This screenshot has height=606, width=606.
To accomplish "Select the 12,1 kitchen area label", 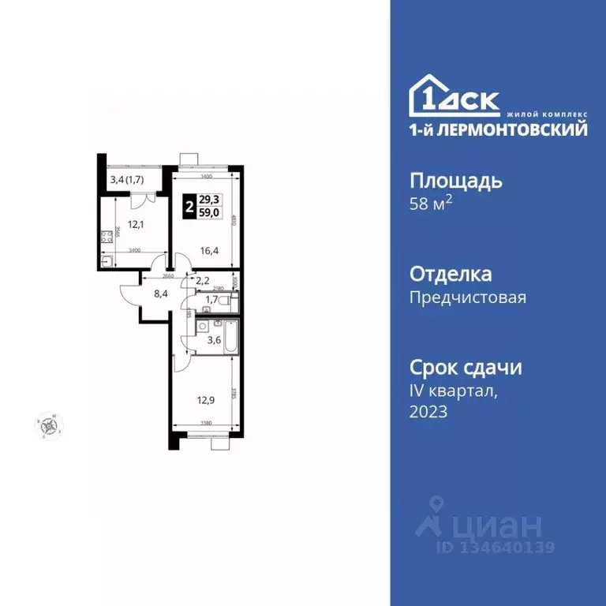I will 137,224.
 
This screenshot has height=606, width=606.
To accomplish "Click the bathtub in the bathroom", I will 230,335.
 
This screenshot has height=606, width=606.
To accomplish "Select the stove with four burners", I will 104,237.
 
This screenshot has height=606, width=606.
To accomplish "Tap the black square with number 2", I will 189,207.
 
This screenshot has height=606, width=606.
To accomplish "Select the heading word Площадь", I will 456,181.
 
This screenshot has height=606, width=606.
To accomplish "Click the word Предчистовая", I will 468,297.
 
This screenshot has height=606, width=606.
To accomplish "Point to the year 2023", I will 428,411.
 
